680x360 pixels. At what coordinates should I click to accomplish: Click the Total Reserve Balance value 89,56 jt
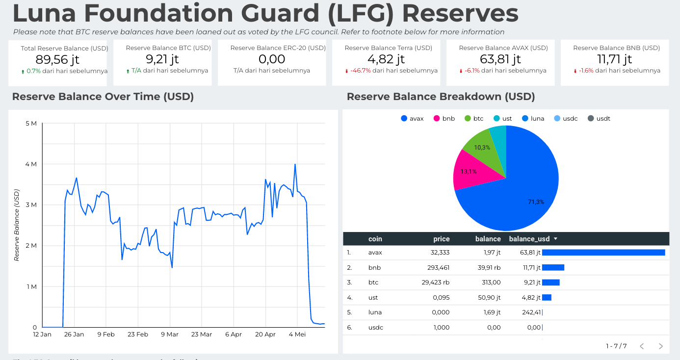click(x=58, y=60)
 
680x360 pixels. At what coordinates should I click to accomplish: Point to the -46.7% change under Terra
click(x=360, y=71)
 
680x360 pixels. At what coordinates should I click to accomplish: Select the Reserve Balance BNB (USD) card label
click(x=616, y=48)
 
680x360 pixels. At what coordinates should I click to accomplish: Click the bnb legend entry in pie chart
click(x=444, y=119)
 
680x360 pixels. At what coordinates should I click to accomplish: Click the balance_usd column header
click(x=529, y=239)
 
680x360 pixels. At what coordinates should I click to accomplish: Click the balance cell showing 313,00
click(x=491, y=283)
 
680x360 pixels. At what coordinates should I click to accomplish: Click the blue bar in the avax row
click(x=603, y=253)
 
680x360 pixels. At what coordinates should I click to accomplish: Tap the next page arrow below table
click(x=660, y=346)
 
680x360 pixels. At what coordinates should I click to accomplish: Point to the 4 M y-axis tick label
click(x=30, y=164)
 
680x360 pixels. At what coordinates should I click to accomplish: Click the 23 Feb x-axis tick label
click(x=138, y=334)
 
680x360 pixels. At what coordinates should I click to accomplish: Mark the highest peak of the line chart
click(x=295, y=164)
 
